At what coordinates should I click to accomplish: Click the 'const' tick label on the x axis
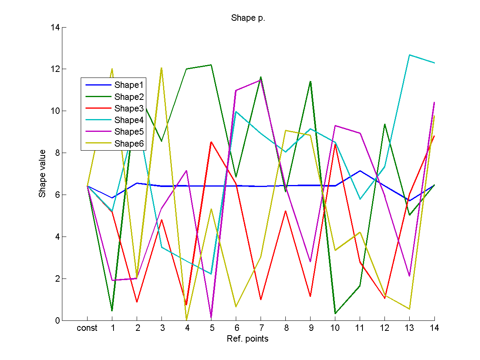pyautogui.click(x=87, y=328)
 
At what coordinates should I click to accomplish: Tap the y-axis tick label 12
pyautogui.click(x=56, y=69)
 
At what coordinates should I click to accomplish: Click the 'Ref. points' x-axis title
pyautogui.click(x=247, y=339)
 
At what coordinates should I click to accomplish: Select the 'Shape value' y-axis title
pyautogui.click(x=42, y=173)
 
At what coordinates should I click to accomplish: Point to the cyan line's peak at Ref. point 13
pyautogui.click(x=410, y=55)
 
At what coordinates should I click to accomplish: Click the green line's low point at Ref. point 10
pyautogui.click(x=335, y=313)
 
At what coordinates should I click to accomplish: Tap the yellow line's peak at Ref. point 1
pyautogui.click(x=112, y=69)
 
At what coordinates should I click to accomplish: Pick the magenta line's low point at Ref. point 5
pyautogui.click(x=211, y=317)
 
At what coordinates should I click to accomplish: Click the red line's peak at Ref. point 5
pyautogui.click(x=211, y=142)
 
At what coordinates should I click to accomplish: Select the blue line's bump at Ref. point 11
pyautogui.click(x=360, y=171)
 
